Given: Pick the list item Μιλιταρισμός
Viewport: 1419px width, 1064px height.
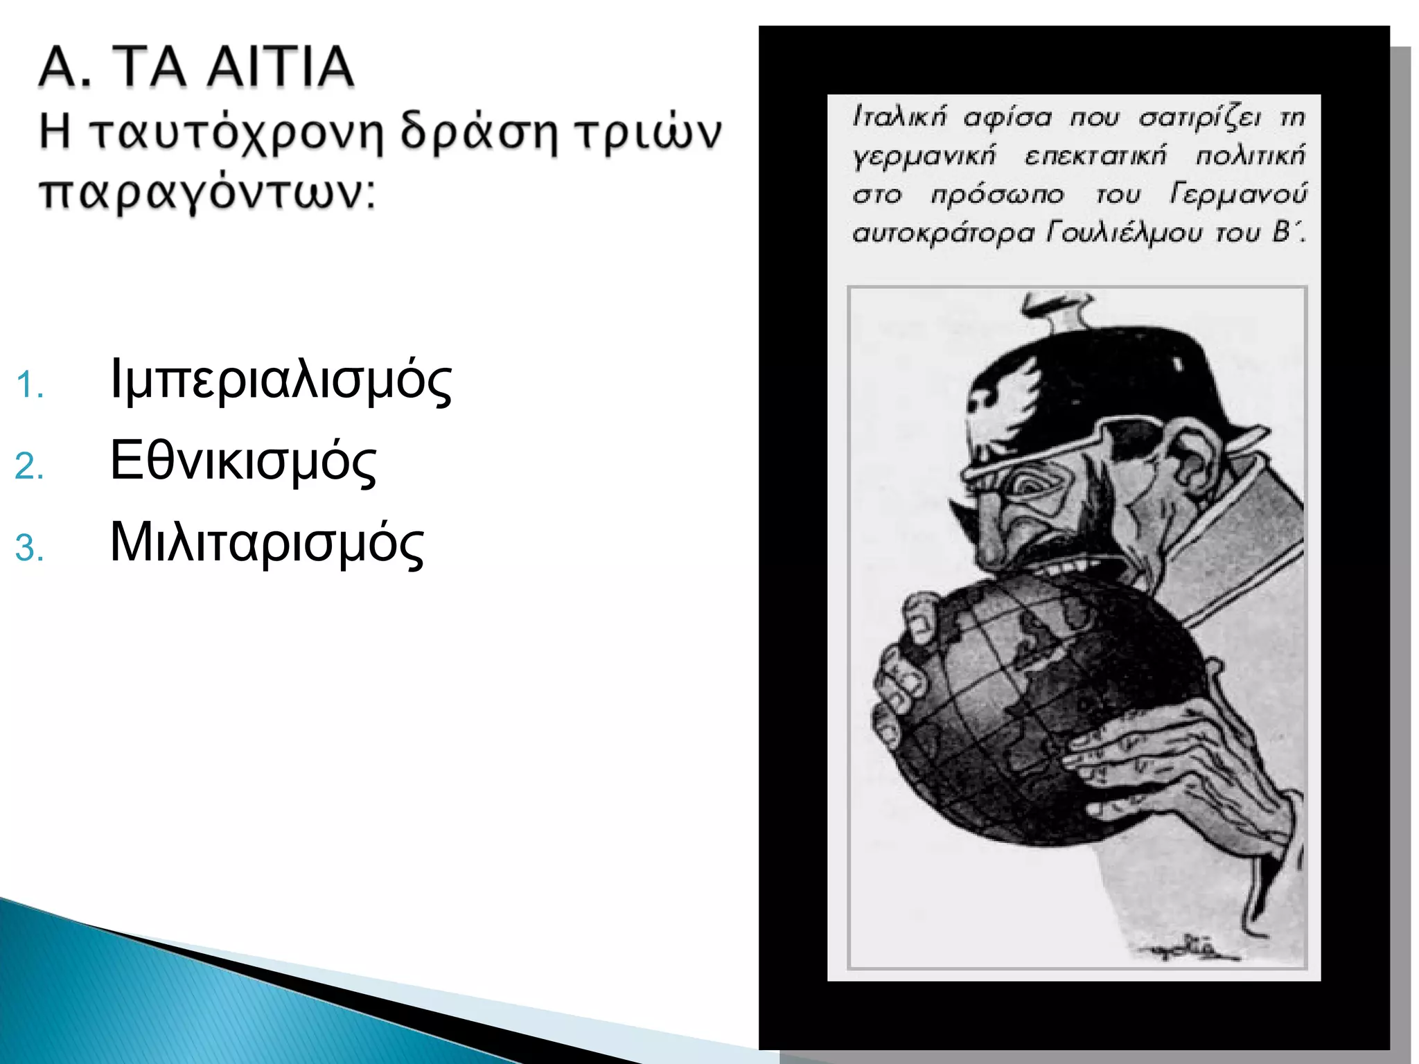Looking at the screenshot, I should [x=267, y=542].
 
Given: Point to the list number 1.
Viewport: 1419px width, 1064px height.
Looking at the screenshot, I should [x=29, y=385].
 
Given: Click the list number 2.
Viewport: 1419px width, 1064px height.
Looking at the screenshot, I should [x=29, y=466].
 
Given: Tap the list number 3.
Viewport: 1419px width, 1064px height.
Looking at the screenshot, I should [x=29, y=548].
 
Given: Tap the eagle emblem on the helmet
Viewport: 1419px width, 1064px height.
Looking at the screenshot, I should [x=998, y=393].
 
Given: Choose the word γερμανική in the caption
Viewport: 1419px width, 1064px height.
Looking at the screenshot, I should [x=924, y=155].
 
